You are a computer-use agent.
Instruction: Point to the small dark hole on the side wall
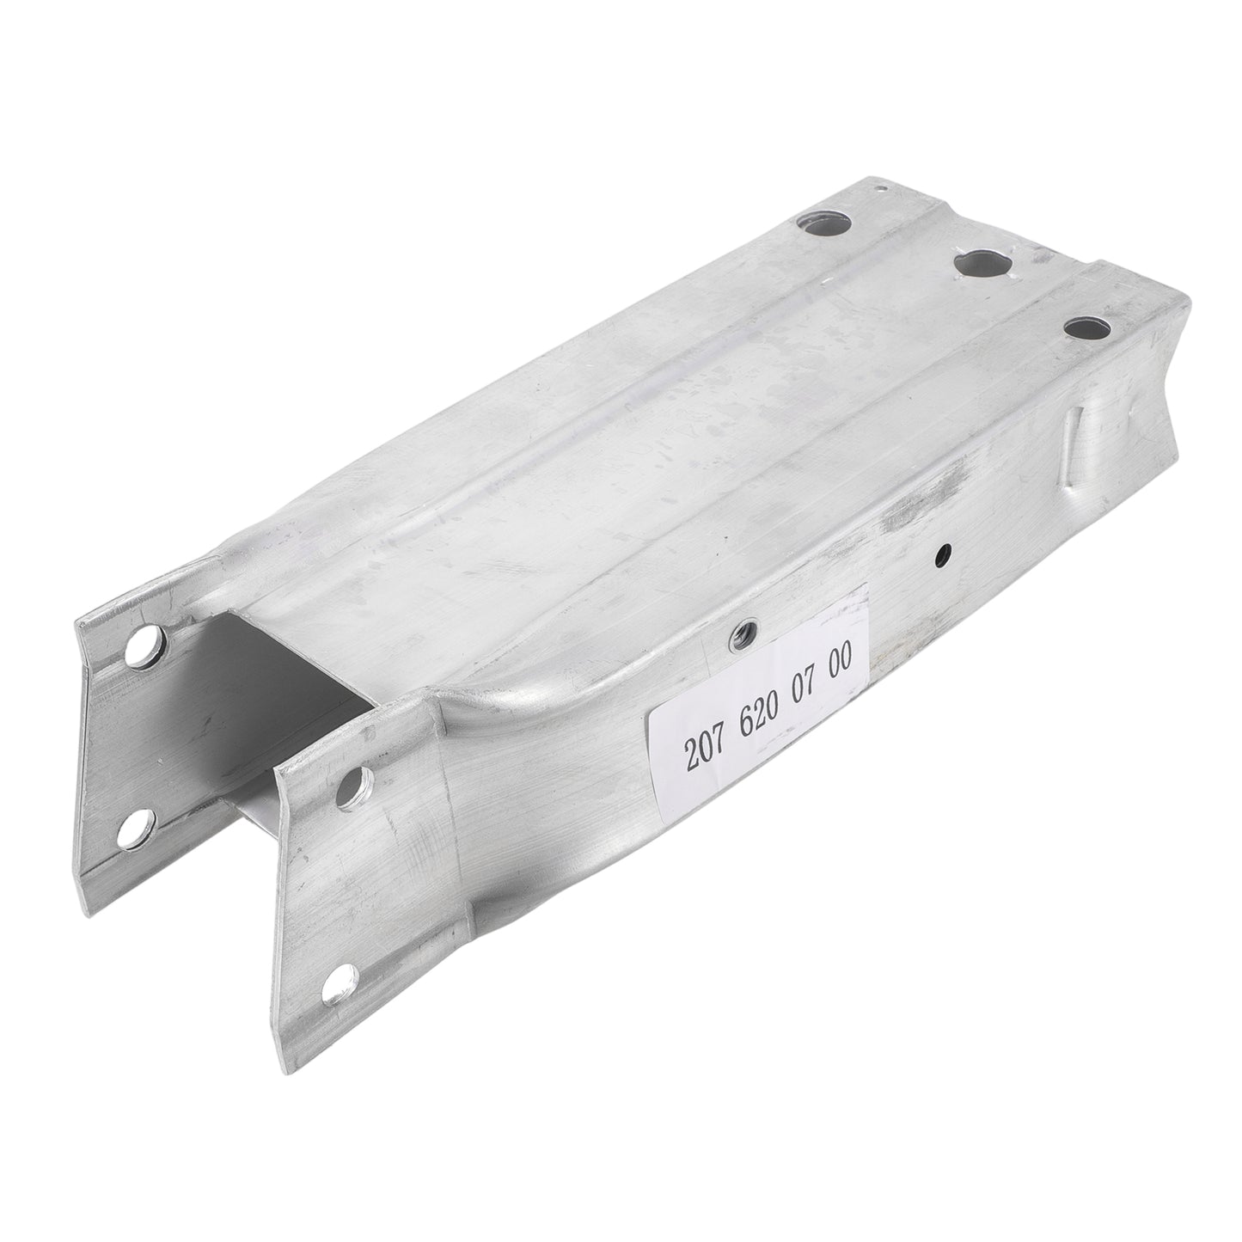click(x=945, y=552)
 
